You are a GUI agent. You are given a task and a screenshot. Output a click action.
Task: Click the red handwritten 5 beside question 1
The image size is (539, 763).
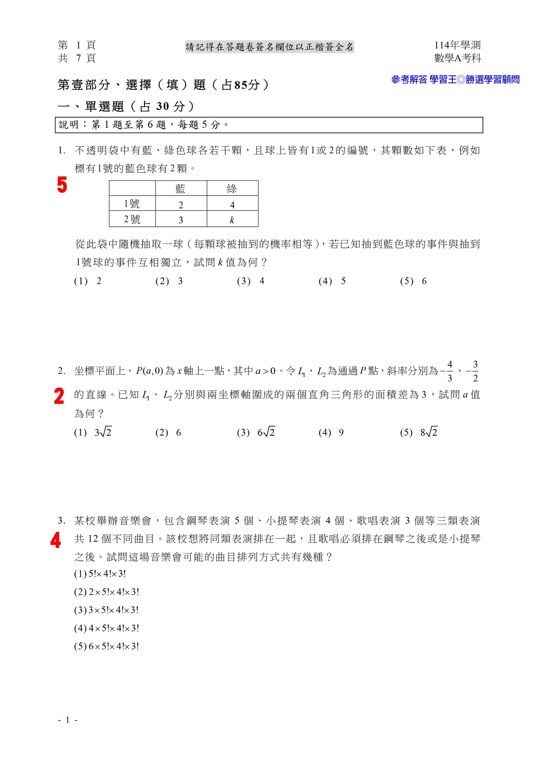pos(62,185)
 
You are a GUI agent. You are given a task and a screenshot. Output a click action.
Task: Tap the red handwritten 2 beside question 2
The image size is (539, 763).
pos(59,396)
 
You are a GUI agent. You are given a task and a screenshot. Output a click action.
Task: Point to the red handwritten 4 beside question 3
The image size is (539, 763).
pos(55,540)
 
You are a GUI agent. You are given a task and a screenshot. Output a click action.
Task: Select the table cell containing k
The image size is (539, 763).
pos(232,220)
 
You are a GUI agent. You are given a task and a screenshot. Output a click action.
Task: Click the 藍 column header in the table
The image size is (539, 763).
pos(181,188)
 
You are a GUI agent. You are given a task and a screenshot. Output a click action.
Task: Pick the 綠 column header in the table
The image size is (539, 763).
pos(232,188)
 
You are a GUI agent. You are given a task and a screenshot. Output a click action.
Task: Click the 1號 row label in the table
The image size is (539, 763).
pos(132,204)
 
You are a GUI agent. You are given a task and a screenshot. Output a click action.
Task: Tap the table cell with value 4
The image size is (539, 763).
pos(232,205)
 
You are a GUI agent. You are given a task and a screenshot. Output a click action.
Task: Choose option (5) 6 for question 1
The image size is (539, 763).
pos(414,281)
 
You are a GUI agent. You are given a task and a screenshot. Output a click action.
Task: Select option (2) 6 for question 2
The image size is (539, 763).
pos(168,433)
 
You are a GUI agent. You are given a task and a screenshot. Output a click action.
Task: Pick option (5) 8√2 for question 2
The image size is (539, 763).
pos(419,433)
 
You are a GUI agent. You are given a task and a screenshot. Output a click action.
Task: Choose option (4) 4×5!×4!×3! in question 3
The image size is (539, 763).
pos(107,628)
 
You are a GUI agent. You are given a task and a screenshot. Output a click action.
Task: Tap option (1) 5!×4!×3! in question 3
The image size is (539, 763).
pos(100,574)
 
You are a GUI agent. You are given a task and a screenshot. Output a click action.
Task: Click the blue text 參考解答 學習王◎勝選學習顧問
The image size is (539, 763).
pos(455,79)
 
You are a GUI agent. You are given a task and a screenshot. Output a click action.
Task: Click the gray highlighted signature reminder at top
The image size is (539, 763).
pos(269,47)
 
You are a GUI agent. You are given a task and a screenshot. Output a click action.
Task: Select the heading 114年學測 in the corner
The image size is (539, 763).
pos(457,45)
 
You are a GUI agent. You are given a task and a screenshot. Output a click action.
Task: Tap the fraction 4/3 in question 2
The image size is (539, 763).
pos(449,371)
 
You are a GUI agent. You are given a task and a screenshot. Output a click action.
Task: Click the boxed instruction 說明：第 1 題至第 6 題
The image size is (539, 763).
pos(143,125)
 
